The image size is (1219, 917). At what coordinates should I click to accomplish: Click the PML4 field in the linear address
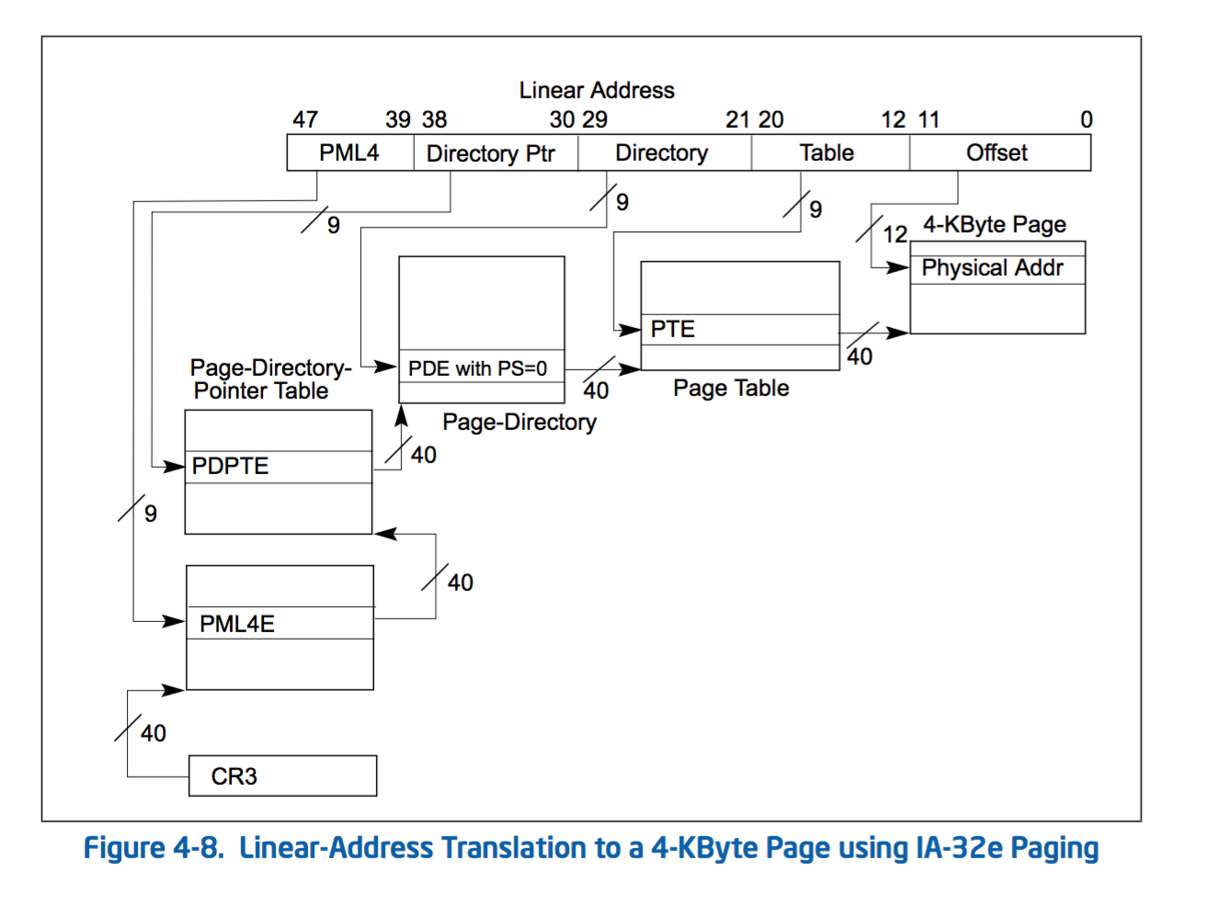(349, 153)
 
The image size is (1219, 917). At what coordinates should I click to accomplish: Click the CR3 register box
(282, 775)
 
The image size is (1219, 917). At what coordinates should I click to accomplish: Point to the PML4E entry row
(279, 623)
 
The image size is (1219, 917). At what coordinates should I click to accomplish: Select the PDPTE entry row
(278, 467)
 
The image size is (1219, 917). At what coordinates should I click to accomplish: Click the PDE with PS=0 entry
(481, 368)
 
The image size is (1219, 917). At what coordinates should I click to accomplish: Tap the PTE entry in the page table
(739, 330)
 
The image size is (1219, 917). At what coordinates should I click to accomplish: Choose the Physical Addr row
(997, 268)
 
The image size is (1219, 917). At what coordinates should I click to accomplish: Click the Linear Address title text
(597, 90)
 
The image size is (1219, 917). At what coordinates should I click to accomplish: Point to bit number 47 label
(305, 120)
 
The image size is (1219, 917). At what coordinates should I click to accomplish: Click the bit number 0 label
(1086, 120)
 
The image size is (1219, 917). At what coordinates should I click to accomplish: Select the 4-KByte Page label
(995, 225)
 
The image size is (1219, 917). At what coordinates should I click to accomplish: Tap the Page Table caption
(731, 388)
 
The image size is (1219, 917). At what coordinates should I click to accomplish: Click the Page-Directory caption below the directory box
(519, 422)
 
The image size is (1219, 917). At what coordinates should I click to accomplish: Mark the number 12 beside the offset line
(894, 234)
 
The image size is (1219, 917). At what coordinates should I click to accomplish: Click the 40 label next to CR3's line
(154, 733)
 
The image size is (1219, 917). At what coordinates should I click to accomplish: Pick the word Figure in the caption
(124, 847)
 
